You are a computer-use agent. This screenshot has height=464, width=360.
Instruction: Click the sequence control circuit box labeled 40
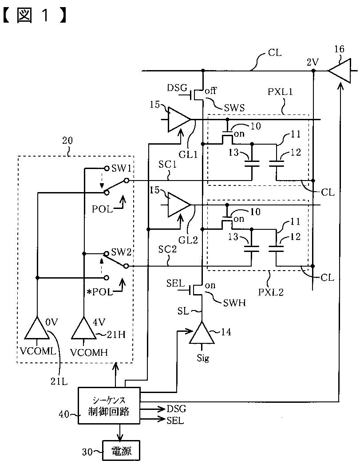click(x=109, y=405)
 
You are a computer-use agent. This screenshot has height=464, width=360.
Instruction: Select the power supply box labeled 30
click(x=121, y=451)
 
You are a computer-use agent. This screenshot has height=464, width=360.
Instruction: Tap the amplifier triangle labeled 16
click(x=340, y=71)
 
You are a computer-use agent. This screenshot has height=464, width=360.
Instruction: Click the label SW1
click(x=121, y=169)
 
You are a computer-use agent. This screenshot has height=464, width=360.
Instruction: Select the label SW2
click(x=121, y=252)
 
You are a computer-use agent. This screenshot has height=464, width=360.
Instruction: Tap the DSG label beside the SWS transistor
click(x=177, y=87)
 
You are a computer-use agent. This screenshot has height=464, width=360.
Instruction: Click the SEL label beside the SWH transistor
click(x=175, y=283)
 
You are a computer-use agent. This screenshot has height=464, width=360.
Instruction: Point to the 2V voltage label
click(x=313, y=62)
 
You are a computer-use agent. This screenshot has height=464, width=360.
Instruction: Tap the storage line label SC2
click(x=167, y=249)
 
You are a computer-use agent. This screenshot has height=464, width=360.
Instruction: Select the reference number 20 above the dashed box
click(x=67, y=140)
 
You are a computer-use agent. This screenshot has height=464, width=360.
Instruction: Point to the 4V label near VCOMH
click(x=99, y=322)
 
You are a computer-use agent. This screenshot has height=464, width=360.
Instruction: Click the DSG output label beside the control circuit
click(x=176, y=409)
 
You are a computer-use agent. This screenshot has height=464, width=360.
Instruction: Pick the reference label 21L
click(x=59, y=382)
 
